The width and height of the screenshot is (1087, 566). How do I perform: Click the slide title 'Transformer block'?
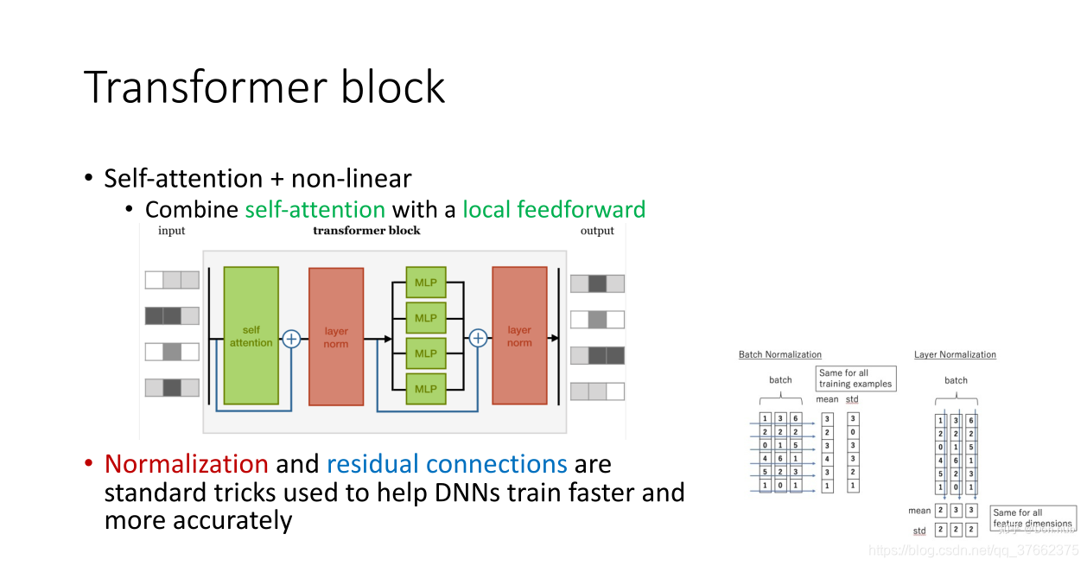(264, 86)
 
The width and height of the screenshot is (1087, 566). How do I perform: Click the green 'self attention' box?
(251, 335)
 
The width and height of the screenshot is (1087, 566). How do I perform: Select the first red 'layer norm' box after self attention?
(336, 335)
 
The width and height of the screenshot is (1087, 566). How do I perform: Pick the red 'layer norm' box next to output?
(519, 335)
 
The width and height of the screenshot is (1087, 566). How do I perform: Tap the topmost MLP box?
(426, 283)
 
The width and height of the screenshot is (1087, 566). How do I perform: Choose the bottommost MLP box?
(426, 389)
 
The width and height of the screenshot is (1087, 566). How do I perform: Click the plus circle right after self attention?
(291, 339)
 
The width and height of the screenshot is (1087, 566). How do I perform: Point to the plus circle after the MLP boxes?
(478, 339)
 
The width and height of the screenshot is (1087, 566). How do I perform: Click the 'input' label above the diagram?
(171, 231)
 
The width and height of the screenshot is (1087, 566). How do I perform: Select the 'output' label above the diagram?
(597, 231)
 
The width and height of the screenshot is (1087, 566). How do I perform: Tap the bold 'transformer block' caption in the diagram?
(366, 231)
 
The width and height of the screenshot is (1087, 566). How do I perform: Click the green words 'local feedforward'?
(554, 209)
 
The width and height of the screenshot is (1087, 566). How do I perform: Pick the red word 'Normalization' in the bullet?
(186, 464)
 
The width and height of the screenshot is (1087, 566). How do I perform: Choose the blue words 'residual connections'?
(447, 464)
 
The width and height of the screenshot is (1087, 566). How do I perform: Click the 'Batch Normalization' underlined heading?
(779, 354)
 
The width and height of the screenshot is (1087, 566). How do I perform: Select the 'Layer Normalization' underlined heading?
(955, 354)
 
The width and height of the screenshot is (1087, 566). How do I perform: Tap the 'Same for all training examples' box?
(855, 378)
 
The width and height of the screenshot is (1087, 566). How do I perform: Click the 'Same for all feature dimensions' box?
(1033, 518)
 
